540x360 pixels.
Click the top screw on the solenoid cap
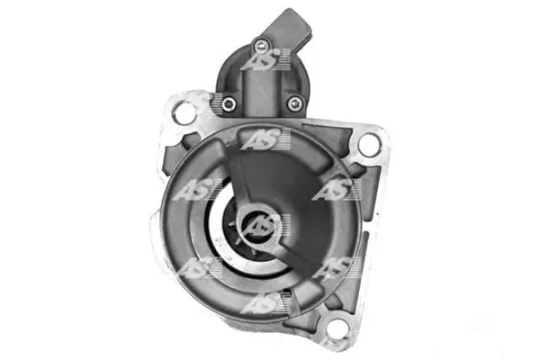(x=260, y=45)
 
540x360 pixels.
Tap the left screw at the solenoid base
(x=229, y=103)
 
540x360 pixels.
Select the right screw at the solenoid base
(x=295, y=103)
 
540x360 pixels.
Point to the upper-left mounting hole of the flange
(x=184, y=112)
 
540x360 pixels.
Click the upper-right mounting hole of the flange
(x=369, y=144)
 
